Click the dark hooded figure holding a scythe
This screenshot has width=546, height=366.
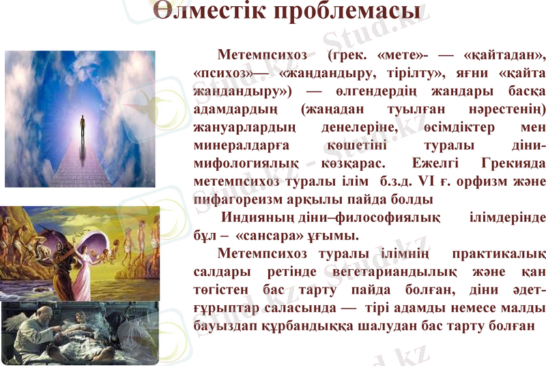pyautogui.click(x=66, y=273)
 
